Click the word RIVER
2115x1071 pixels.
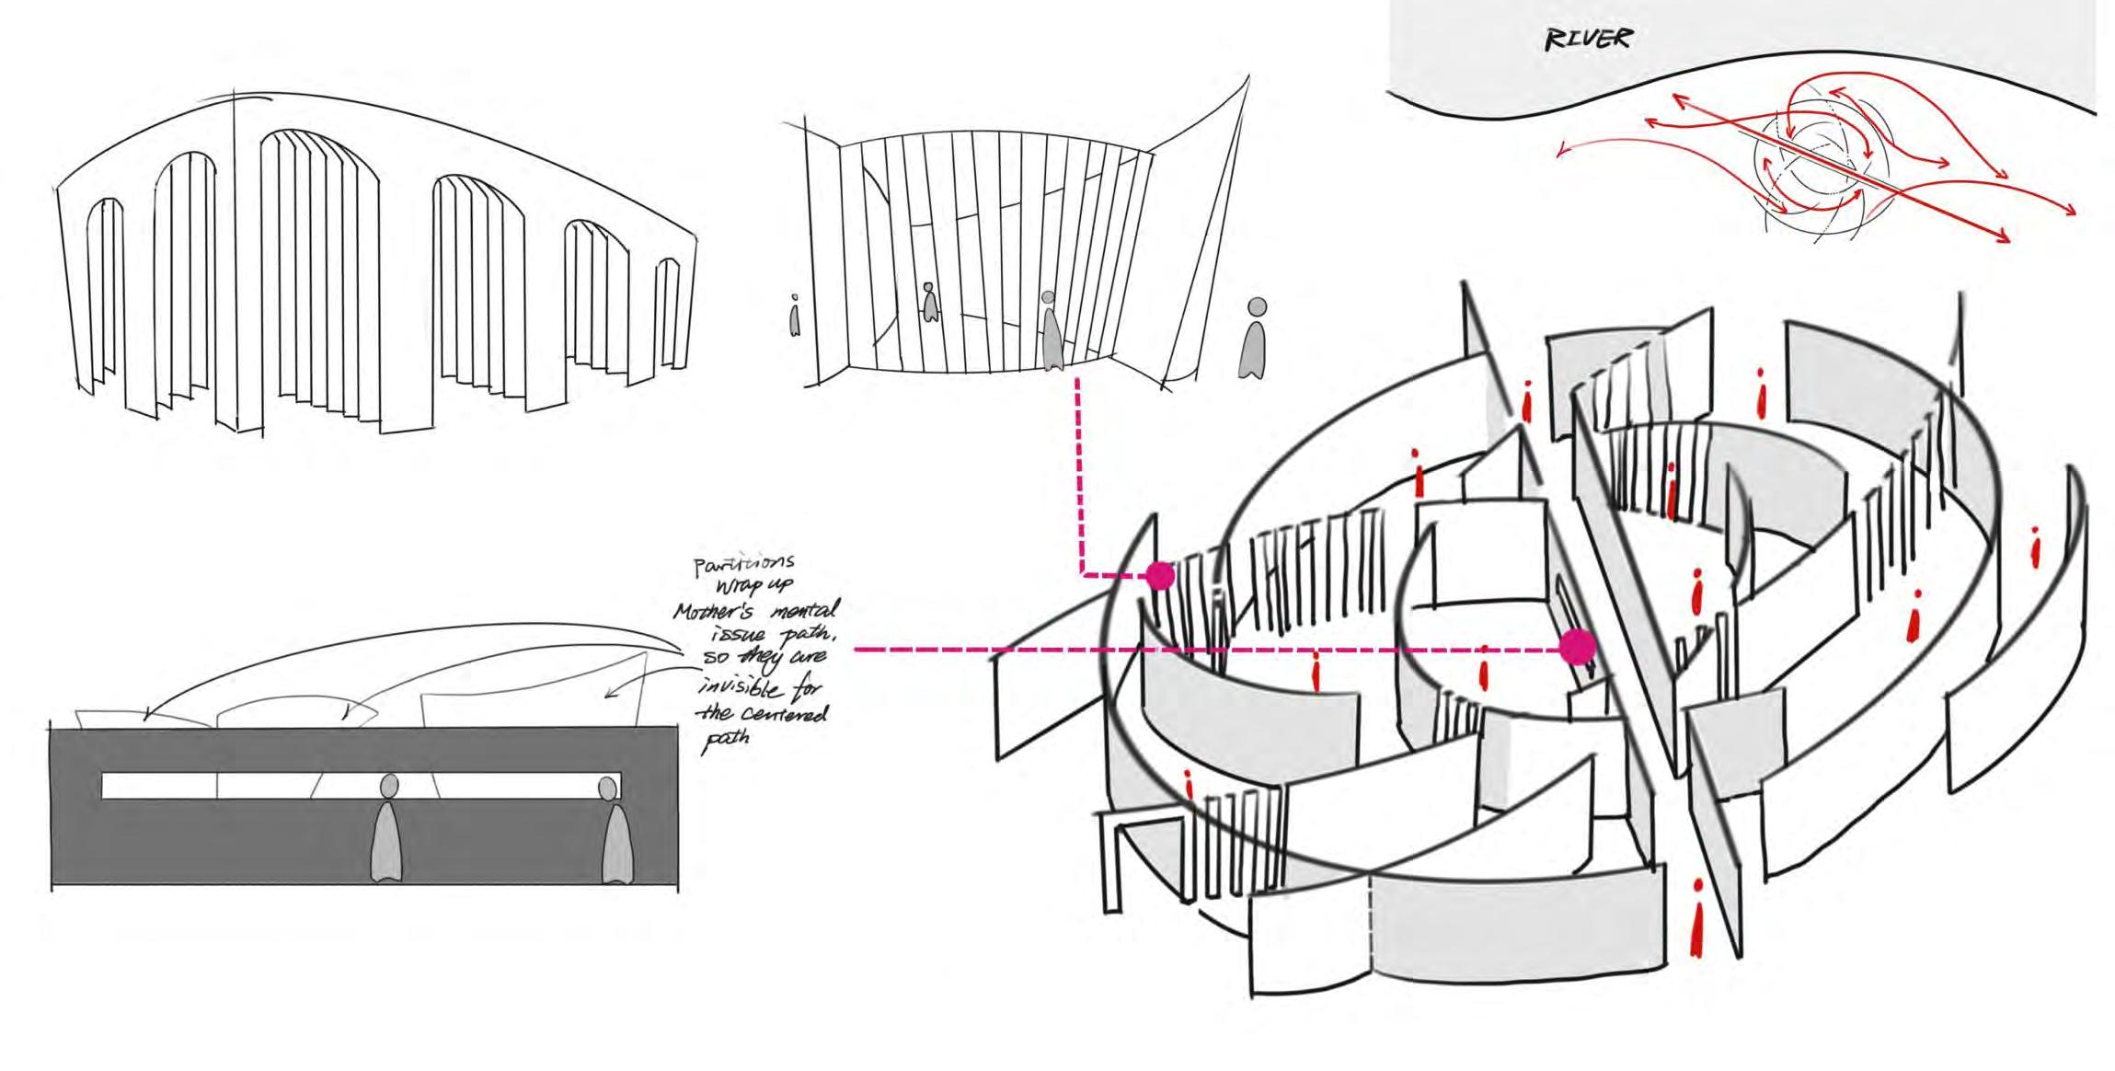tap(1589, 40)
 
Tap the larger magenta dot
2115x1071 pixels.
tap(1577, 647)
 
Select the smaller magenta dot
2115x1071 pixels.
tap(1159, 576)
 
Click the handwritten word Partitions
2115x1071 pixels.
tap(744, 564)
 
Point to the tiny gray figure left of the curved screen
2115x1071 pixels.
tap(795, 316)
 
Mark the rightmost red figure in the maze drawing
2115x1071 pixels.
tap(2035, 548)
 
